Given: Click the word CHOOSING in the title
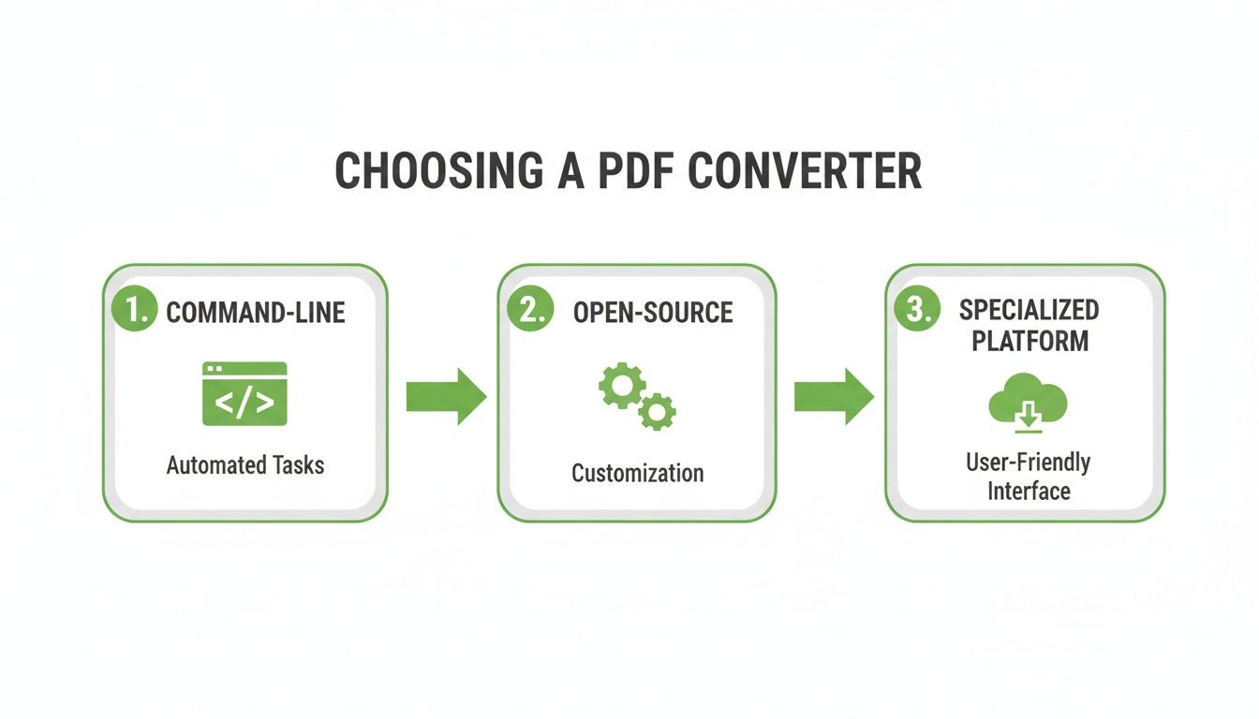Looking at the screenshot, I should click(x=438, y=171).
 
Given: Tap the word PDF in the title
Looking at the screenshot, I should click(x=623, y=171).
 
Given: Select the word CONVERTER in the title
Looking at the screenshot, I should click(x=805, y=171).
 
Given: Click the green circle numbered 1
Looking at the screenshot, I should click(x=135, y=311).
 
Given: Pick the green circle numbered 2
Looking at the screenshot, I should click(x=531, y=311).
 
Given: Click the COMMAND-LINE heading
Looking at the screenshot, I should click(x=256, y=313).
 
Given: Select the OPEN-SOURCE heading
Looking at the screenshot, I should click(x=653, y=313).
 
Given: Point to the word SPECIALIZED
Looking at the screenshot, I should click(x=1029, y=310).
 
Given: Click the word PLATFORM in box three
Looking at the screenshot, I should click(x=1029, y=341).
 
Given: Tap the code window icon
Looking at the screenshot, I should click(x=244, y=394).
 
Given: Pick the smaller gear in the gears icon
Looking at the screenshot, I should click(x=658, y=410).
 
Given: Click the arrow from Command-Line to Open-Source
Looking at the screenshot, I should click(x=446, y=396).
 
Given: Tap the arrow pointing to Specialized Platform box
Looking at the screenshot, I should click(x=834, y=396).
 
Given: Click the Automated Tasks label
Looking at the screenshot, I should click(x=245, y=464).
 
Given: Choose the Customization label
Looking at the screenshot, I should click(x=637, y=472).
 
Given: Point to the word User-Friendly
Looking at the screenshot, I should click(x=1028, y=462).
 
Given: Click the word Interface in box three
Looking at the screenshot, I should click(x=1028, y=491).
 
